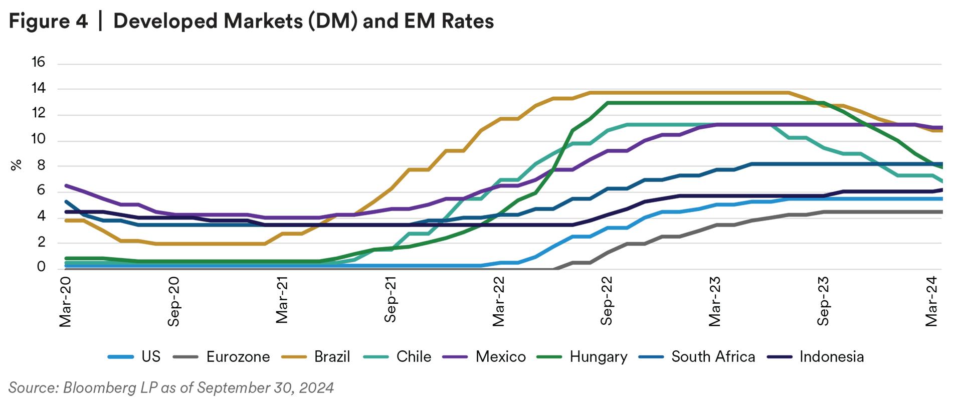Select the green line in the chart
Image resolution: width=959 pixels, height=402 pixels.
tap(702, 103)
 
